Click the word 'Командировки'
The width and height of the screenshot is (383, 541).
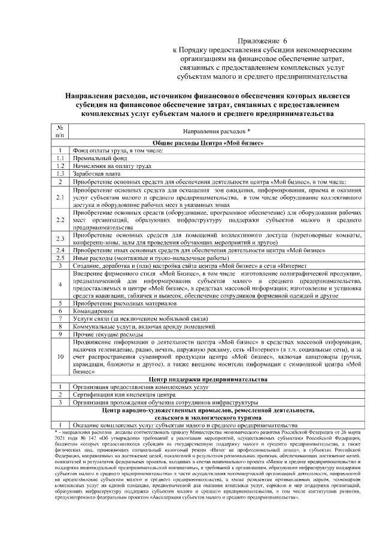93,311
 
